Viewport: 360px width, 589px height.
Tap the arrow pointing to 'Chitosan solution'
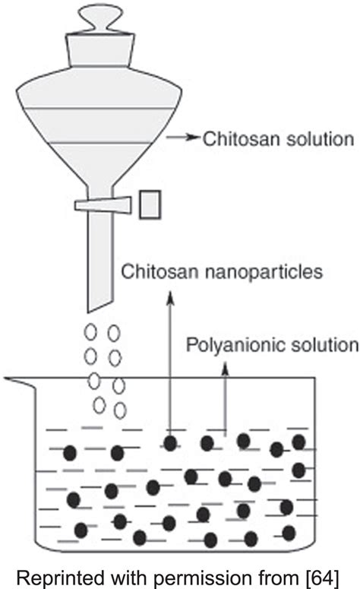(182, 139)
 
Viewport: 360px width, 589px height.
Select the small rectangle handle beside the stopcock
(150, 205)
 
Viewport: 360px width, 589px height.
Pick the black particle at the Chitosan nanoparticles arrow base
(172, 442)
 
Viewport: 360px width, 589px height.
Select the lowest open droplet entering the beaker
(119, 410)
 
